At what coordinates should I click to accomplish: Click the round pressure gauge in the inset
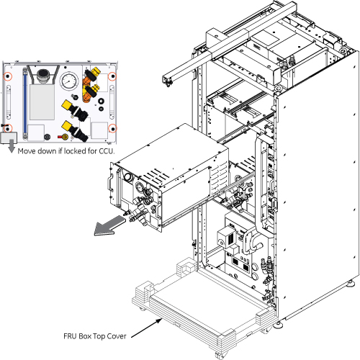pos(69,81)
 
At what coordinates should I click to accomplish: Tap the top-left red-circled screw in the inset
pos(8,76)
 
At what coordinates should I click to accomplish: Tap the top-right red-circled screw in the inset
pos(112,77)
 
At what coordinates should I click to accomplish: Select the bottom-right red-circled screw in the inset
pos(112,128)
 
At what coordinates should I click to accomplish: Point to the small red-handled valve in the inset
pos(63,137)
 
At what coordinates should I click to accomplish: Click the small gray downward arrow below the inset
pos(12,146)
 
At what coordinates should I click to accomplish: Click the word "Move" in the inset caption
pos(27,151)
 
